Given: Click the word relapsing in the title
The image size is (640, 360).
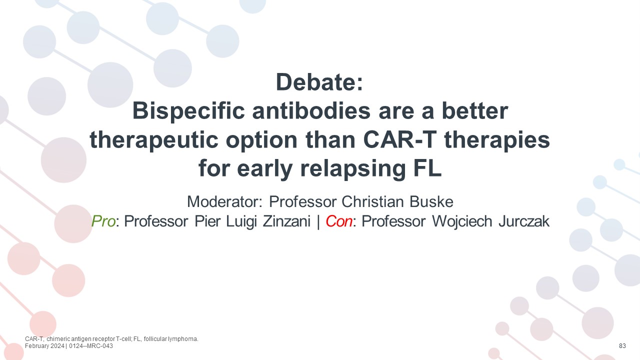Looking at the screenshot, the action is point(353,169).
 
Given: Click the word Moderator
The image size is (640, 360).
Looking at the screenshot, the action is point(224,201).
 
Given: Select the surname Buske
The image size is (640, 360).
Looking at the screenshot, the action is point(431,201).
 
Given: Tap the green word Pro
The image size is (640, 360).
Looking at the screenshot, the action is point(103,221).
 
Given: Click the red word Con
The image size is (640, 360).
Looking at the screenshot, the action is point(339,221).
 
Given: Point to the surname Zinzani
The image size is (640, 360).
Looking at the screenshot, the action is point(286,221).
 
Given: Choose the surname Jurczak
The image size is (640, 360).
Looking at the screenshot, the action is point(524,221).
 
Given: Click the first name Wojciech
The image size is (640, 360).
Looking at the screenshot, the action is point(461,221).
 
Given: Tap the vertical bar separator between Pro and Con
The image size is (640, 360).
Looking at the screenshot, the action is point(318,221).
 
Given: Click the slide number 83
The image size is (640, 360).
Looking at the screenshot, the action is point(622,346).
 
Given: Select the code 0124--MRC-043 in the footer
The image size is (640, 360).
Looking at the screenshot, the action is point(91,346).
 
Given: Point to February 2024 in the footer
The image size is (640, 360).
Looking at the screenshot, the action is point(44,346).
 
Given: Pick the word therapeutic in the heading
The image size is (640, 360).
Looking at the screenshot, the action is point(154,140).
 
